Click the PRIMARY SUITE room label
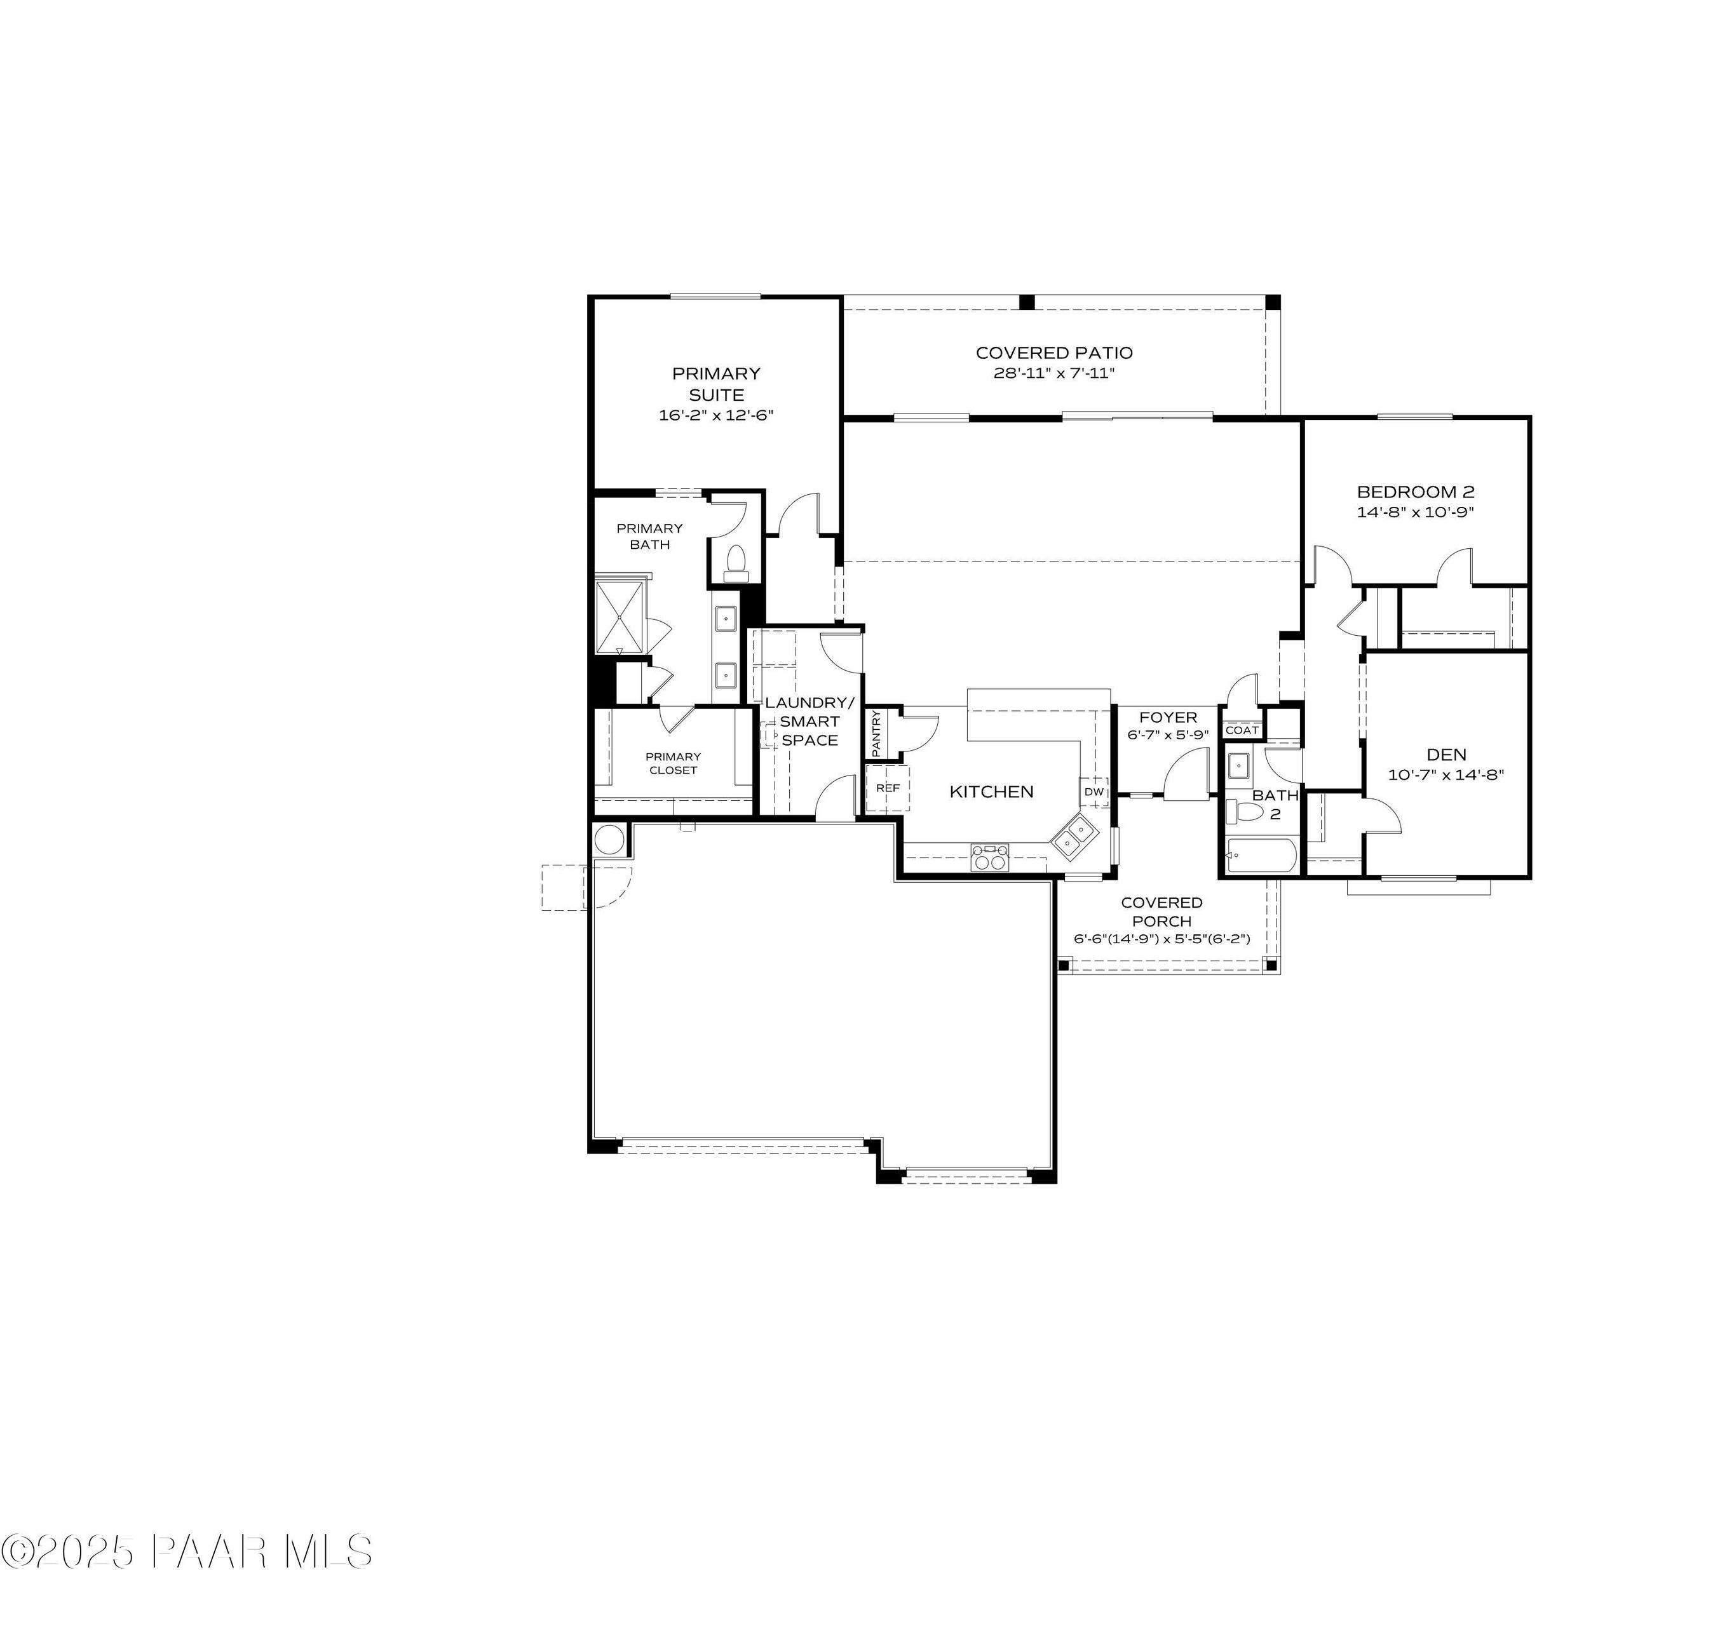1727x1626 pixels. click(716, 384)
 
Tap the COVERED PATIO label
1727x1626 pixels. click(1053, 353)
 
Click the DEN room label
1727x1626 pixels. click(1446, 755)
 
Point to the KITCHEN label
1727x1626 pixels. click(991, 791)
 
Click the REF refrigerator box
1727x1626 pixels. click(887, 788)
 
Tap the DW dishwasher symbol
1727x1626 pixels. click(1094, 791)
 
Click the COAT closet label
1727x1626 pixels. click(1242, 730)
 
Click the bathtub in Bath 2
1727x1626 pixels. click(1261, 856)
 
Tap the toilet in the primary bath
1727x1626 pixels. click(736, 562)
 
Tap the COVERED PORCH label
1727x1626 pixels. click(1161, 911)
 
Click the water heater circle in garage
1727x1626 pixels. click(609, 841)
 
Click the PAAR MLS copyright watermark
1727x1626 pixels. click(187, 1551)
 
